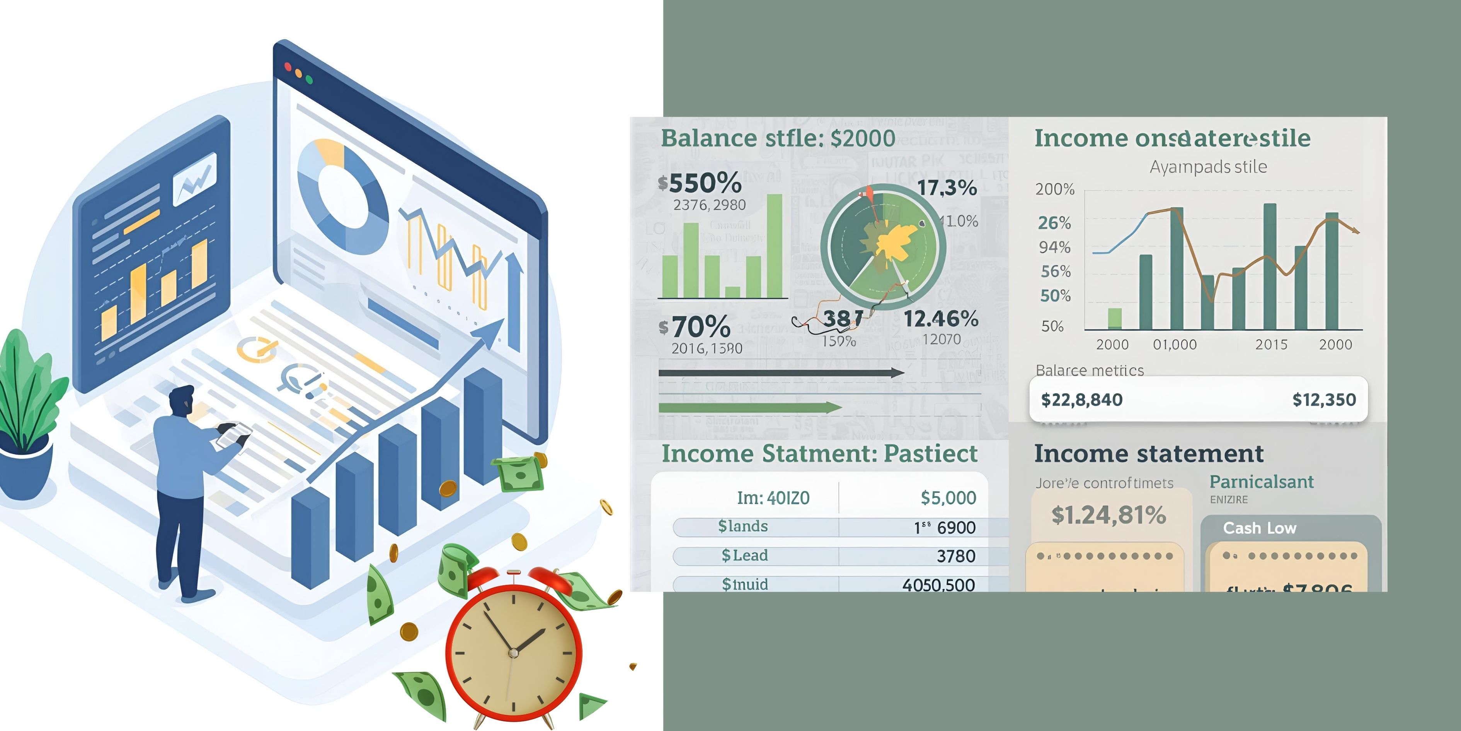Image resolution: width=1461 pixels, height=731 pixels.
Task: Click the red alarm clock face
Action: (513, 653)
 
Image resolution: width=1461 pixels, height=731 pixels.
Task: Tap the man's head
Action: (182, 401)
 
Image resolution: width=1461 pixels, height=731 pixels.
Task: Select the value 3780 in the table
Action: (956, 556)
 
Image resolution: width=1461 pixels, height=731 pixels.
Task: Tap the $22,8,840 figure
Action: (1081, 400)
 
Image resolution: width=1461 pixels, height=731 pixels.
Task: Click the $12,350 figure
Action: (1324, 400)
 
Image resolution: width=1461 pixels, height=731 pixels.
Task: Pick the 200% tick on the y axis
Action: (1054, 189)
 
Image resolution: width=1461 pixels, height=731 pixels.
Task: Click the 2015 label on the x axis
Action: (1271, 345)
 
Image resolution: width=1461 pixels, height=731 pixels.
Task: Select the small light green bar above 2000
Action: (1114, 318)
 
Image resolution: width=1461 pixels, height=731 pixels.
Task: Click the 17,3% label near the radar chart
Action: (947, 188)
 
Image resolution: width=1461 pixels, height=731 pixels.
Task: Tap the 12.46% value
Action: (940, 319)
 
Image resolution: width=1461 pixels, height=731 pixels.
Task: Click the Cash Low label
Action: (1259, 528)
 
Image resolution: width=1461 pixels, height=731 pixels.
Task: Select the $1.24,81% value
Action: (1108, 515)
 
